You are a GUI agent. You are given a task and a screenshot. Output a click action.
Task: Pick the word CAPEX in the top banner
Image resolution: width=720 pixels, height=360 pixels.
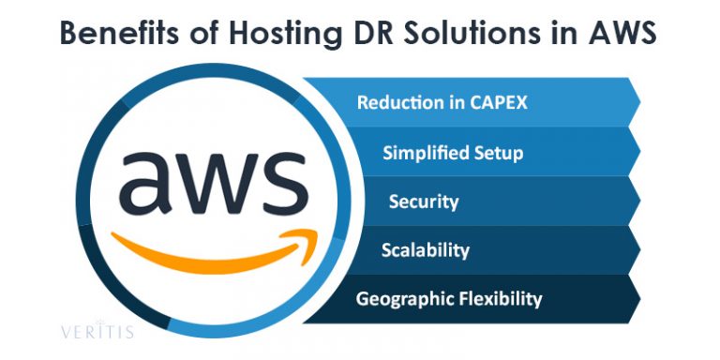pos(495,102)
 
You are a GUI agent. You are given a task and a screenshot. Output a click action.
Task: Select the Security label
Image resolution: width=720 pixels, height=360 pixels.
pos(424,202)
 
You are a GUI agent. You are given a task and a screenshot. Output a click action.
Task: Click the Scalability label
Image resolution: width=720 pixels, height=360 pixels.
pos(426,250)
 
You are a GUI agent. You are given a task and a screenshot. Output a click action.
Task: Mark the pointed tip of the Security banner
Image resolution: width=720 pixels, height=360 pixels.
pos(639,200)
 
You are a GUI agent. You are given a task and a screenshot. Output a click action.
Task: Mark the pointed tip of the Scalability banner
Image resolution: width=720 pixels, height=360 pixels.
pos(639,249)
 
